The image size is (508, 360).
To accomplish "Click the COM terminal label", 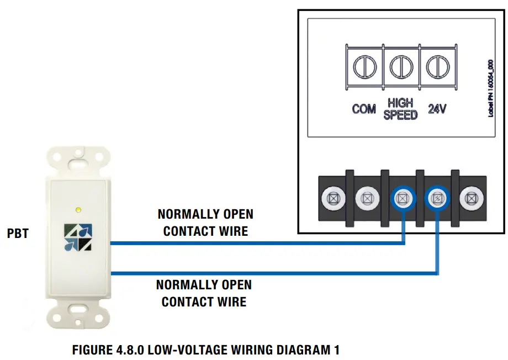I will pos(364,109).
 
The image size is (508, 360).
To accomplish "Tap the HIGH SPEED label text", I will pos(400,109).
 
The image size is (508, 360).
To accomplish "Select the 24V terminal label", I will pos(437,109).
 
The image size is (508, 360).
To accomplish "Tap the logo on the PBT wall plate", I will pos(78,236).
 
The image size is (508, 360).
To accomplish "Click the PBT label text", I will pos(18,234).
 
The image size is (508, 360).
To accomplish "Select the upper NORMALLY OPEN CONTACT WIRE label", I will pos(205,223).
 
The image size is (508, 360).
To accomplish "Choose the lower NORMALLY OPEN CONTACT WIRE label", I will pos(204,293).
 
